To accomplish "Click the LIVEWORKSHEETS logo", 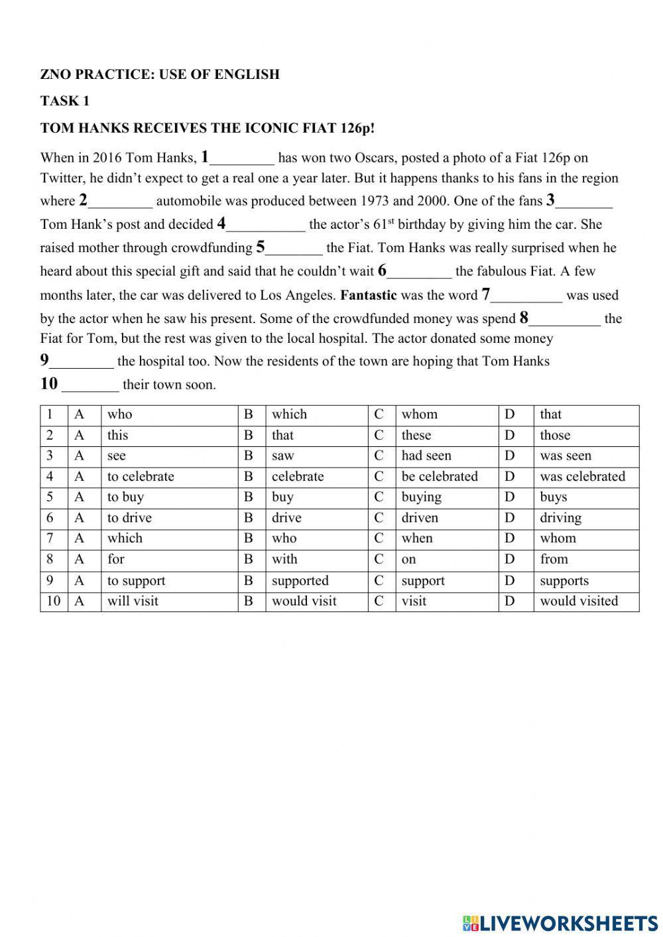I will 560,922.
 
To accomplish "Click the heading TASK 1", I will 64,101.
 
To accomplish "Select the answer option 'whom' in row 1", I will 419,414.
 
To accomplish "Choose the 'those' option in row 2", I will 555,435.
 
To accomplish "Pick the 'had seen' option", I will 426,456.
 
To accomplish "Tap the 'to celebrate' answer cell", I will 141,476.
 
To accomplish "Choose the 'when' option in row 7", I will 416,538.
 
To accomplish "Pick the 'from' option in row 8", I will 554,559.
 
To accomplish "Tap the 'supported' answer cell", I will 300,580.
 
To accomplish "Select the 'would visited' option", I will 579,601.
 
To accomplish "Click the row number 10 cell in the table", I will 53,601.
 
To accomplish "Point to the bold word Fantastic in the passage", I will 368,295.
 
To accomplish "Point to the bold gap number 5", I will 261,247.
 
